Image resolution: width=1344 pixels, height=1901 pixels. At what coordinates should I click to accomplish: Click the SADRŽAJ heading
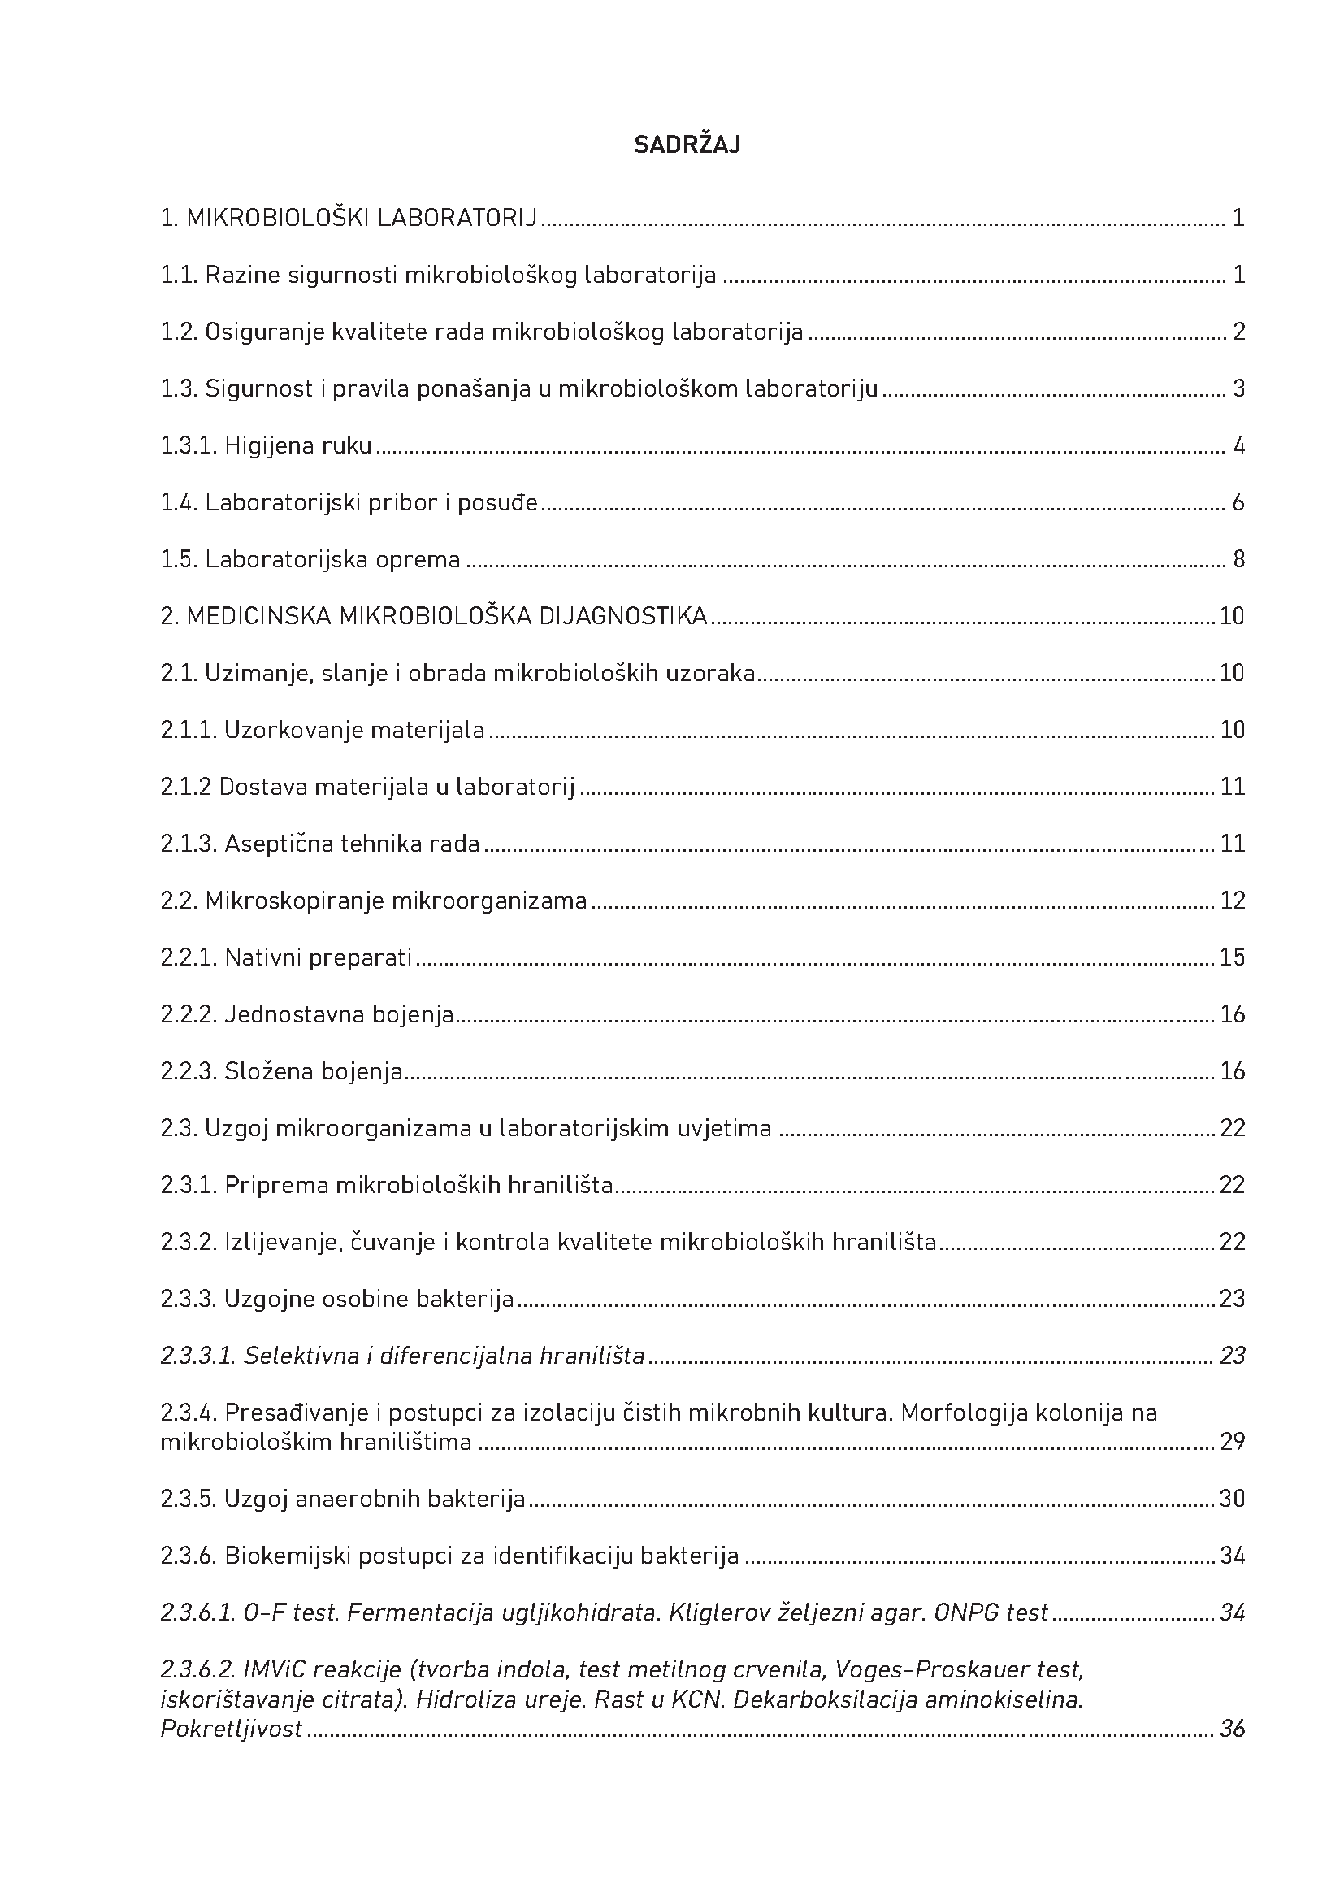click(x=687, y=145)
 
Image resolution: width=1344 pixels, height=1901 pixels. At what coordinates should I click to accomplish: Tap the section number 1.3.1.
click(x=189, y=446)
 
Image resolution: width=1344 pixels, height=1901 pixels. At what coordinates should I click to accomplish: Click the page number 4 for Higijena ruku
click(x=1238, y=446)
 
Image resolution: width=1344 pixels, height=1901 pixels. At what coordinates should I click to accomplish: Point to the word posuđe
click(x=501, y=502)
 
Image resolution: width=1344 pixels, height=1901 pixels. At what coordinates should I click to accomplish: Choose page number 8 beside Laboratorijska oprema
click(x=1238, y=560)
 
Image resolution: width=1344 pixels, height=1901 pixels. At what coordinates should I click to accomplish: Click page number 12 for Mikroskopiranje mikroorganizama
click(x=1233, y=901)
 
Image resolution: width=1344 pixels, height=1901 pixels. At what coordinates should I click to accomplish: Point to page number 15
click(x=1233, y=958)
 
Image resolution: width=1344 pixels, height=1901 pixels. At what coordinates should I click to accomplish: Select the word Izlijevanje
click(x=280, y=1242)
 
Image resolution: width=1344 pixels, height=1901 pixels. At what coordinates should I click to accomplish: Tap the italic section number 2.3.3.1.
click(x=198, y=1356)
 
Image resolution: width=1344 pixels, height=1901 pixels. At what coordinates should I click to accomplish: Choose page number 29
click(x=1233, y=1443)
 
